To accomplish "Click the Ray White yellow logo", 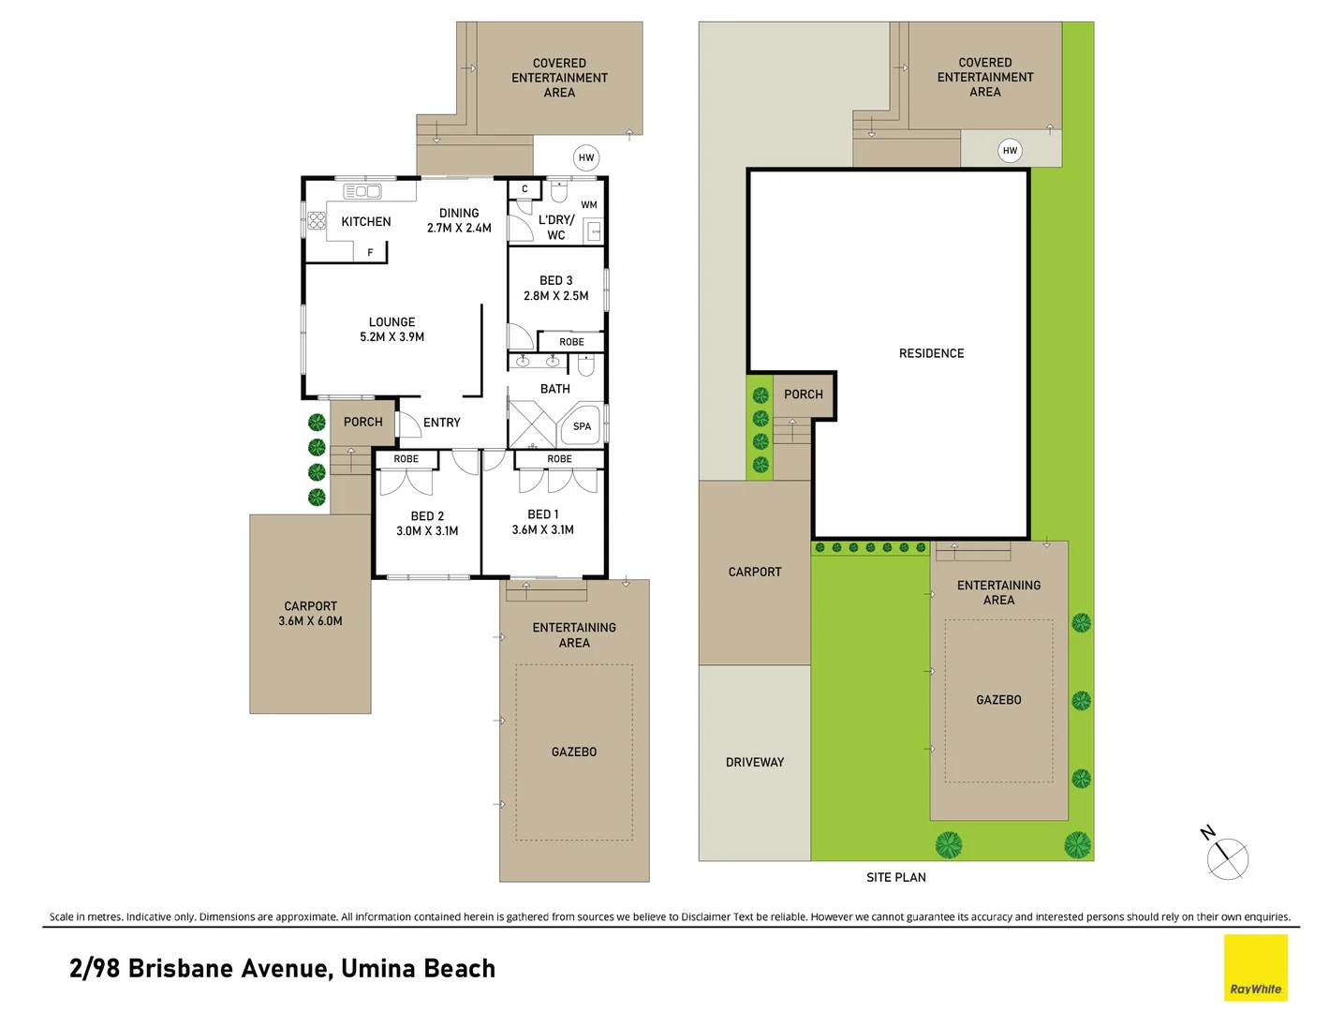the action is [1255, 967].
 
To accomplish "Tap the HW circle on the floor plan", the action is [586, 157].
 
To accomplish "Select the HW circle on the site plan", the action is [1010, 150].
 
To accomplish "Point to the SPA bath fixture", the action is [581, 425].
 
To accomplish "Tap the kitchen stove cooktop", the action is [317, 220].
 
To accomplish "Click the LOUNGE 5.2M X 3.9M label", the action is [391, 329].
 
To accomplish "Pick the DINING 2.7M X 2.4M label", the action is [459, 220].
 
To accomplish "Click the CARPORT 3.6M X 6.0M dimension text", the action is [310, 620].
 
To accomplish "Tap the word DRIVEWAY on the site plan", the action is [754, 762].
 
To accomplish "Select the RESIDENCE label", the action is [931, 353].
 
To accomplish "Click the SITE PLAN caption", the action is [895, 877].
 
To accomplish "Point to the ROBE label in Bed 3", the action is [571, 342].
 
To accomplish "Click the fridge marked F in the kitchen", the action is [371, 252].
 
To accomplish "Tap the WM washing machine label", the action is [588, 204].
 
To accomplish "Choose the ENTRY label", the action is [441, 422].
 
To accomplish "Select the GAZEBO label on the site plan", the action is [998, 700].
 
